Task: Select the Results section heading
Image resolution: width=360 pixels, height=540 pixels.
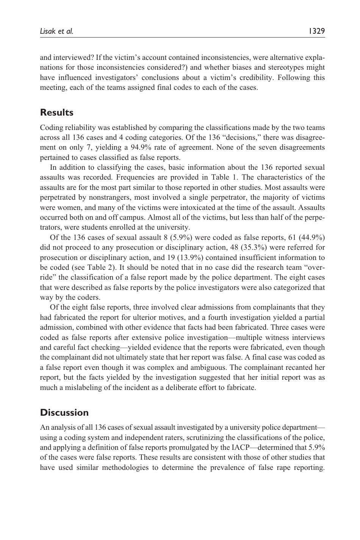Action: point(56,113)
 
